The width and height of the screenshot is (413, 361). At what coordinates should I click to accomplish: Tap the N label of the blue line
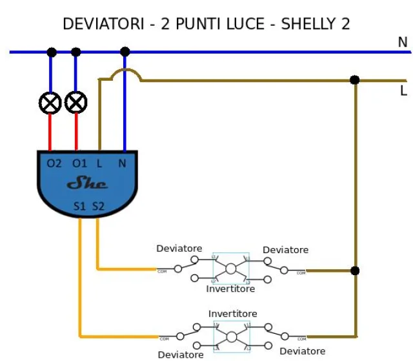click(x=402, y=42)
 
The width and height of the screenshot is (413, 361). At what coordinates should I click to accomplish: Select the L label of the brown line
click(x=403, y=91)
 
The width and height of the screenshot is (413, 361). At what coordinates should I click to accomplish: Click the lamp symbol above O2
click(x=50, y=102)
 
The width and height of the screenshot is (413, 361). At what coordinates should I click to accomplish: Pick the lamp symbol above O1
click(x=76, y=102)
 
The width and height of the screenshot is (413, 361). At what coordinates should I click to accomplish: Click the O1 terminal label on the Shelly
click(x=79, y=163)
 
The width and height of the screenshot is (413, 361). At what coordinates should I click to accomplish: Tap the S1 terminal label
click(x=80, y=207)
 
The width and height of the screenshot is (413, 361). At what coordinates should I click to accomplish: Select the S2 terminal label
click(x=97, y=207)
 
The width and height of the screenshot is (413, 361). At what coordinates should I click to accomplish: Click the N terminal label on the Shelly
click(x=122, y=163)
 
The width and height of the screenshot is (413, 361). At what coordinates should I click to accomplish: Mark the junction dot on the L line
click(x=354, y=80)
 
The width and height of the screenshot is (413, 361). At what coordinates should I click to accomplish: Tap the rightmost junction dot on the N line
click(x=125, y=52)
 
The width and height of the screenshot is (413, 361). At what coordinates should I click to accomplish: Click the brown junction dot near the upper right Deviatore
click(x=354, y=271)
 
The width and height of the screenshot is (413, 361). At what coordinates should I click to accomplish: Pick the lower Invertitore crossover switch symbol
click(x=231, y=336)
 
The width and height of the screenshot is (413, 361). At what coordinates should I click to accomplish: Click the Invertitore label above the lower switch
click(x=232, y=314)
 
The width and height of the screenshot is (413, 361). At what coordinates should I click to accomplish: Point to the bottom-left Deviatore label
click(x=181, y=354)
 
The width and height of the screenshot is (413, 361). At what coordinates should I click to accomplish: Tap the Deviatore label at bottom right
click(x=302, y=351)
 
